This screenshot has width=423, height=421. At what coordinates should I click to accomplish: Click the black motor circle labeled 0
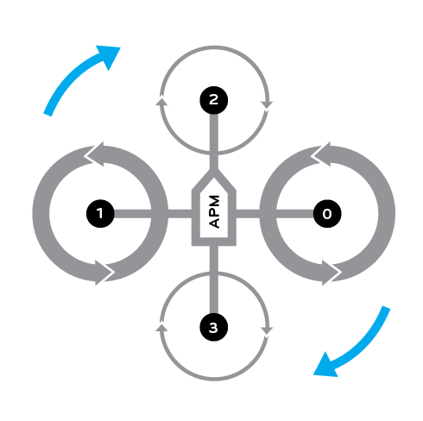pos(327,214)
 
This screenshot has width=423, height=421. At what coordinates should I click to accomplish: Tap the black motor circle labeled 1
pos(100,214)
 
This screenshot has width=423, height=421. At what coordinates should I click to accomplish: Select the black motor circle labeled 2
pos(214,100)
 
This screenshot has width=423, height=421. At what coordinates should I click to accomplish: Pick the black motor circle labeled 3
pos(214,327)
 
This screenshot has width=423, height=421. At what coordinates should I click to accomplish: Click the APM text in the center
pos(214,211)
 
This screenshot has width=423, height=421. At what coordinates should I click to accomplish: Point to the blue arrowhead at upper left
pos(109,56)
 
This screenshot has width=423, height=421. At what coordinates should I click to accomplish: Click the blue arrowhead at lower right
pos(325,365)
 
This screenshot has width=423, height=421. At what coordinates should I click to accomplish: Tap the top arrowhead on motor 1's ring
pos(94,154)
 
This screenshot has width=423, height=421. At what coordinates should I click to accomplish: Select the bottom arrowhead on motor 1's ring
pos(104,273)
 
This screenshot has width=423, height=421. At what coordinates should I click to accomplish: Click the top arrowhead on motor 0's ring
pos(321,154)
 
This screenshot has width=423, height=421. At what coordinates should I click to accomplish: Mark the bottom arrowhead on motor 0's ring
pos(331,273)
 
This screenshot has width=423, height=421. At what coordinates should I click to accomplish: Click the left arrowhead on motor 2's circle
pos(162,102)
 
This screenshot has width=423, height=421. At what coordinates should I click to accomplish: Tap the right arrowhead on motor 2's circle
pos(267,105)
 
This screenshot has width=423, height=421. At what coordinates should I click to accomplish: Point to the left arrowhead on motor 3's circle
pos(161,328)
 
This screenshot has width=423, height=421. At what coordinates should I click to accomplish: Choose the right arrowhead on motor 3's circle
pos(267,331)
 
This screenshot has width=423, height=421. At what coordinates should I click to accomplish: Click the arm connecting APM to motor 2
pos(214,141)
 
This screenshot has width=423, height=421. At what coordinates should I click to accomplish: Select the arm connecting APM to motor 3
pos(214,280)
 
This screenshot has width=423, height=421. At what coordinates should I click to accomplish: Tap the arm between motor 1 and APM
pos(153,214)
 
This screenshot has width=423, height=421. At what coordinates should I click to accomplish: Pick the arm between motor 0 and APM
pos(275,214)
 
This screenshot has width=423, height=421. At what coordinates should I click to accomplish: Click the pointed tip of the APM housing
pos(214,170)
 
